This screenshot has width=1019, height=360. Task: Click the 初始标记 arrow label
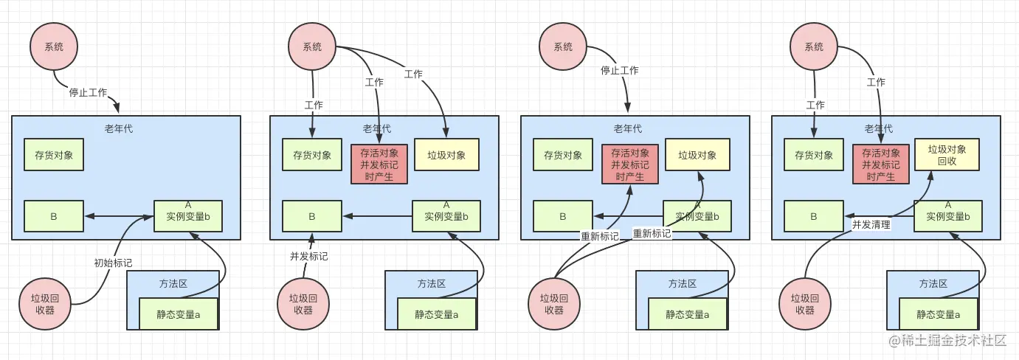(113, 262)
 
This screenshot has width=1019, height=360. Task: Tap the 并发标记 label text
(308, 256)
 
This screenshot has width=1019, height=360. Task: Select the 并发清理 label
(871, 224)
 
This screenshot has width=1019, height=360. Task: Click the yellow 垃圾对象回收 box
(947, 155)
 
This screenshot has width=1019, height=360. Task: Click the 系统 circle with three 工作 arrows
(312, 46)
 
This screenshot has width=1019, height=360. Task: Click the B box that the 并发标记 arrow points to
(311, 216)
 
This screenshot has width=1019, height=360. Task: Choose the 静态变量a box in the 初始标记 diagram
(178, 314)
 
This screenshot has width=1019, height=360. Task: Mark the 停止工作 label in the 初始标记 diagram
(88, 93)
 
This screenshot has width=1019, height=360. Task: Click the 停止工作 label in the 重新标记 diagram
(619, 71)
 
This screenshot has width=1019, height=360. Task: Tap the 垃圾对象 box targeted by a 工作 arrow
(446, 155)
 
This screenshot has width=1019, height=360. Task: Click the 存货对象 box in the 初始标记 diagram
(54, 155)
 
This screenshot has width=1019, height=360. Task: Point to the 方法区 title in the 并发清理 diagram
(933, 283)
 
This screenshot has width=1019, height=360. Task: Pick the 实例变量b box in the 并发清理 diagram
(947, 215)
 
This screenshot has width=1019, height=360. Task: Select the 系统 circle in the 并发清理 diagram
(814, 46)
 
